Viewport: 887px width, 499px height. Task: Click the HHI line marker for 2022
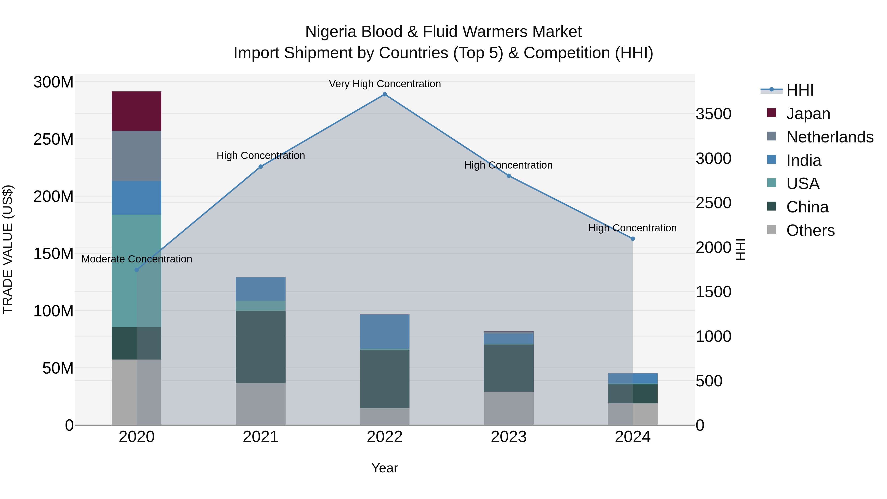tap(385, 94)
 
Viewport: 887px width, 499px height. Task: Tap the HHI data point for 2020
tap(137, 270)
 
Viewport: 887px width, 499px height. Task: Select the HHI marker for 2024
tap(632, 239)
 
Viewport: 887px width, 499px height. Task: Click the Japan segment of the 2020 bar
tap(137, 111)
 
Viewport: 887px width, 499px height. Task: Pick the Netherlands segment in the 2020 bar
tap(137, 156)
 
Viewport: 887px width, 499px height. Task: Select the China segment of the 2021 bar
tap(261, 347)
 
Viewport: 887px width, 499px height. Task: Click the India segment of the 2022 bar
tap(385, 332)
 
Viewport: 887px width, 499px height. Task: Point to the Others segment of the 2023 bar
tap(509, 408)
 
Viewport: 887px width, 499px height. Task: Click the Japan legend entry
tap(808, 113)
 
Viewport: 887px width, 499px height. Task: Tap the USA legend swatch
tap(772, 183)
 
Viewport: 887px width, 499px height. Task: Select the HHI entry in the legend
tap(800, 90)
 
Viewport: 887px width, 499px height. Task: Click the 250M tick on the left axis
tap(53, 139)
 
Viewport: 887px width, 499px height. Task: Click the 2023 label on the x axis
tap(509, 437)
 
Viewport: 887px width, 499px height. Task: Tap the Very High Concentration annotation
tap(385, 84)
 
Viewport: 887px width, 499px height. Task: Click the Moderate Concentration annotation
tap(137, 259)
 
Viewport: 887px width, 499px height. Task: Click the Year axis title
tap(385, 468)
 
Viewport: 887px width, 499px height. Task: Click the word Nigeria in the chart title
tap(330, 32)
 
